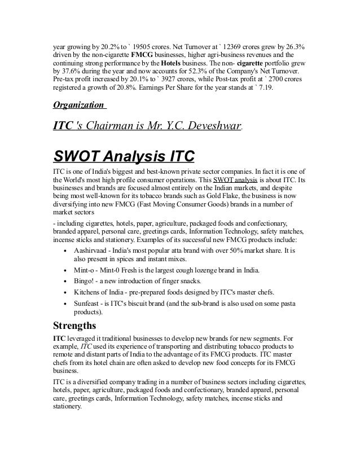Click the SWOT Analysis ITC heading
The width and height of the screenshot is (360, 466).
123,155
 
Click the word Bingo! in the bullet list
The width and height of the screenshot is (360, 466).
85,281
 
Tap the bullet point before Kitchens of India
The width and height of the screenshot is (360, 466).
67,292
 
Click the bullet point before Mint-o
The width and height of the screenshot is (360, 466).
67,270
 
